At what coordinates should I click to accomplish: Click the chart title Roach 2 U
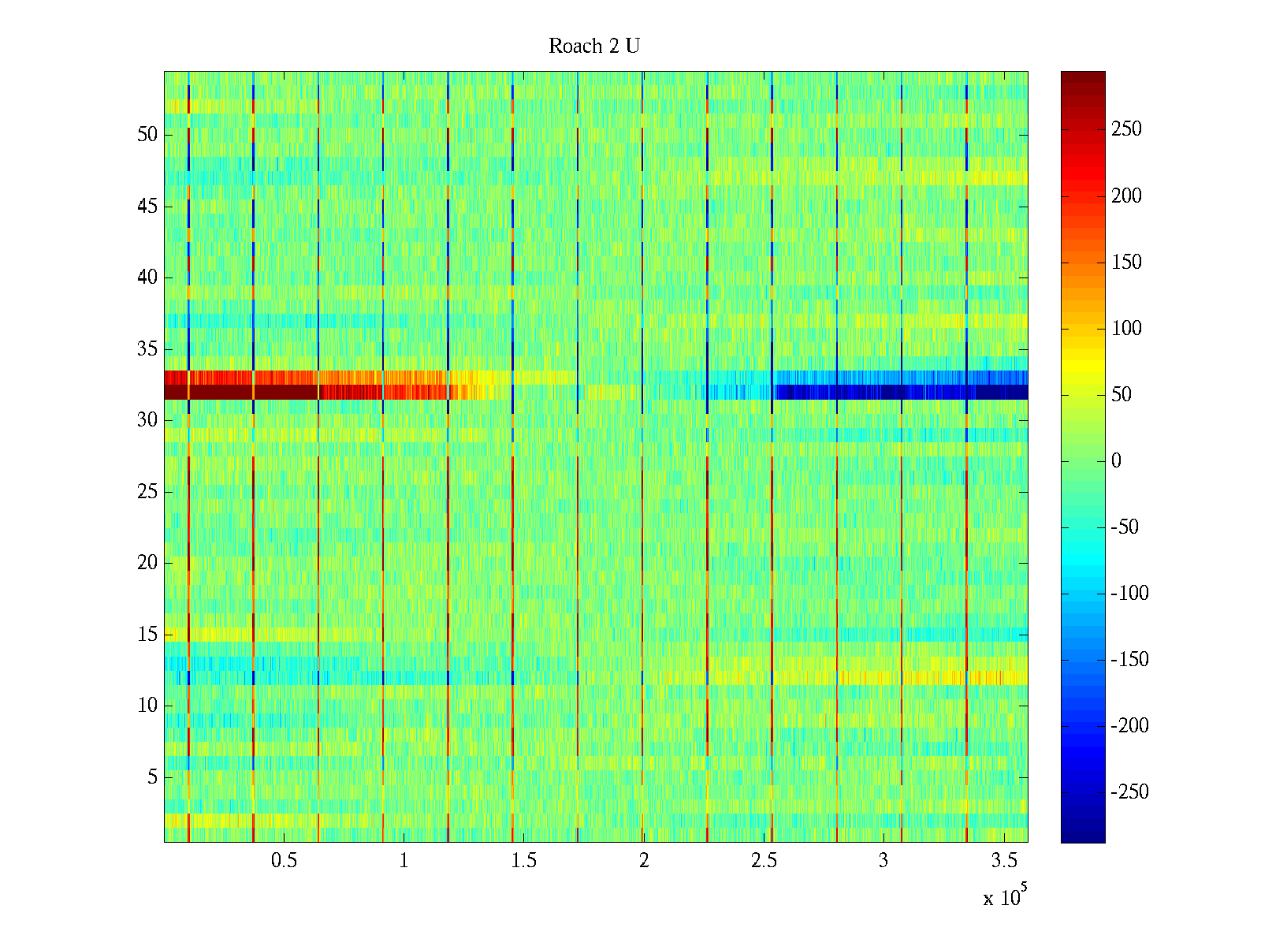point(593,47)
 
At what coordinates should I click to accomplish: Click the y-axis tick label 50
point(147,135)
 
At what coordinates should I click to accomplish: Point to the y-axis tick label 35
point(147,349)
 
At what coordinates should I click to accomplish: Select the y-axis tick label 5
point(152,777)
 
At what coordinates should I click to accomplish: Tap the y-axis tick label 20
point(147,563)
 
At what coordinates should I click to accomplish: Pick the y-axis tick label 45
point(147,207)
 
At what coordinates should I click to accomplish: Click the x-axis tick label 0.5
point(284,861)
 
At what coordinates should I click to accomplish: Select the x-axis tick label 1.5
point(524,861)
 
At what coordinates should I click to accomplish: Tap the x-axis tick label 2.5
point(764,861)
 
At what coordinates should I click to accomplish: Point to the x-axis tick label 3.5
point(1004,861)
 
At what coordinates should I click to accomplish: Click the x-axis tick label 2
point(644,861)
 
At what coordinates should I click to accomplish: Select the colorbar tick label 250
point(1126,129)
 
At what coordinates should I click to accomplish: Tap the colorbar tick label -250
point(1129,792)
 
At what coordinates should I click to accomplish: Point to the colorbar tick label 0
point(1116,461)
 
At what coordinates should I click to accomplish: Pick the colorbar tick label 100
point(1126,329)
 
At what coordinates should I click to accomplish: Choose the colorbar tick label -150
point(1129,660)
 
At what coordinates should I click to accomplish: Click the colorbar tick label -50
point(1125,527)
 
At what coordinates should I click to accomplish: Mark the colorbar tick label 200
point(1126,196)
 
